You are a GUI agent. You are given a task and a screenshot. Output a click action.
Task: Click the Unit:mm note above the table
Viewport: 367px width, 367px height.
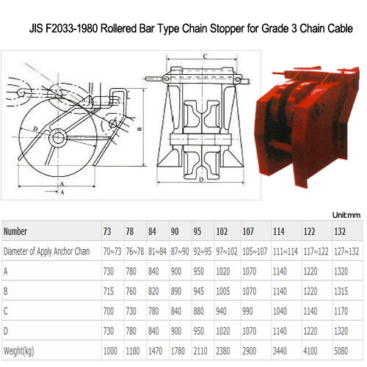point(347,216)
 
